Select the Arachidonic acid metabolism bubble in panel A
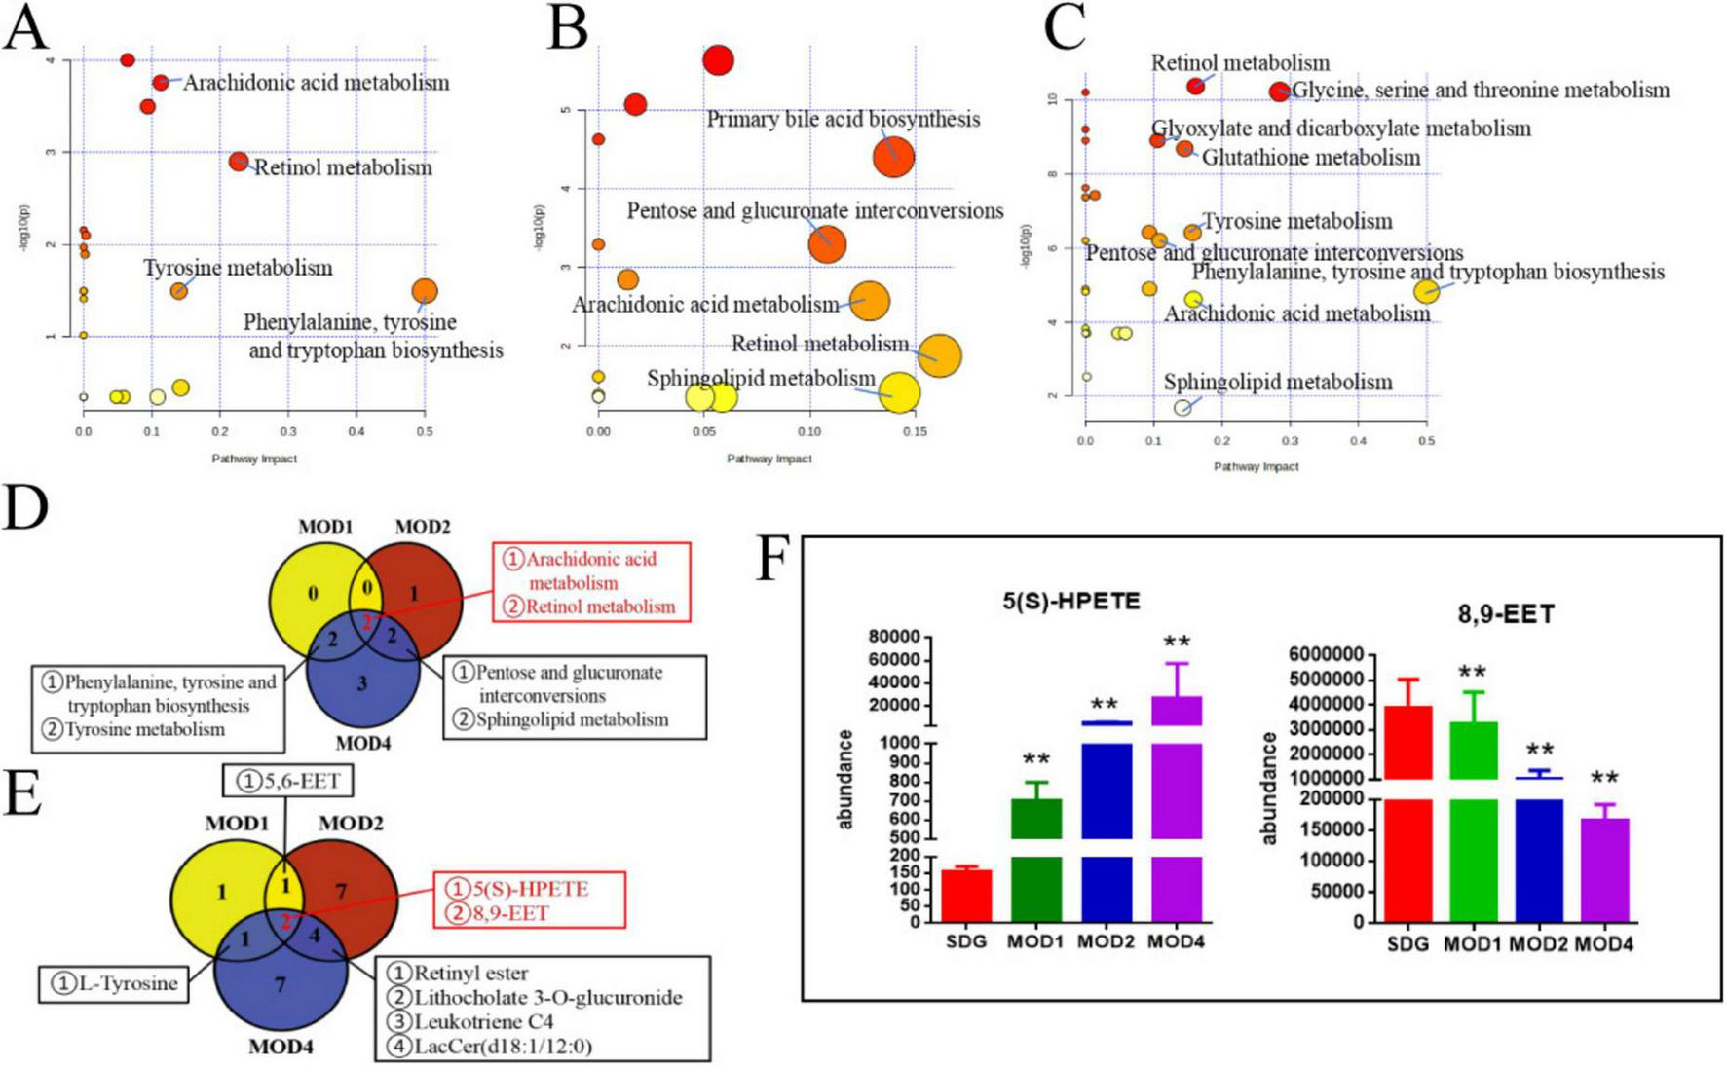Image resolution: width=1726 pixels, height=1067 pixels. click(x=161, y=83)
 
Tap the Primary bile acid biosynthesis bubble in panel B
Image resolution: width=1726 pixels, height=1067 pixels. click(x=893, y=157)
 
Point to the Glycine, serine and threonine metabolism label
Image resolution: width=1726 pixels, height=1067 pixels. click(x=1481, y=91)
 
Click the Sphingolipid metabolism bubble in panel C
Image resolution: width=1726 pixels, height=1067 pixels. click(x=1182, y=408)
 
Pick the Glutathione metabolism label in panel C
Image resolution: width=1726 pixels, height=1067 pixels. click(x=1311, y=158)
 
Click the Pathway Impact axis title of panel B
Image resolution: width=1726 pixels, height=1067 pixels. click(x=769, y=459)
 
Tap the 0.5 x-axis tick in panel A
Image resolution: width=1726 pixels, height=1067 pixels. click(x=425, y=432)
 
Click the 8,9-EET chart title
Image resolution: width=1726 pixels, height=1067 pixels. click(x=1505, y=614)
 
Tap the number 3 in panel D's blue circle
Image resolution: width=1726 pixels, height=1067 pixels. click(x=361, y=683)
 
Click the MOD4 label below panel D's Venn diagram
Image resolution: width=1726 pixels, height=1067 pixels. click(x=362, y=744)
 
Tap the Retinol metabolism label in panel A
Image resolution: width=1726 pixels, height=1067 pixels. click(x=343, y=168)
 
